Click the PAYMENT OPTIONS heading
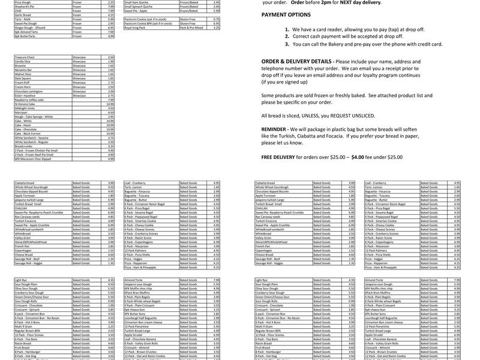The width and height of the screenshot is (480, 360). [286, 14]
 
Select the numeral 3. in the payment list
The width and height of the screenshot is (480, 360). [287, 44]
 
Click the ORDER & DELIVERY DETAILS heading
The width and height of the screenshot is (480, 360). [296, 61]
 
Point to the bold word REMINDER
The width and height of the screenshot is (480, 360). [274, 129]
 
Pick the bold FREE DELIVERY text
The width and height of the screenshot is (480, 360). [281, 156]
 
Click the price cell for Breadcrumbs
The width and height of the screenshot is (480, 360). [110, 146]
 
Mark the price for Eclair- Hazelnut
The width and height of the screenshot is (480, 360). [110, 95]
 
